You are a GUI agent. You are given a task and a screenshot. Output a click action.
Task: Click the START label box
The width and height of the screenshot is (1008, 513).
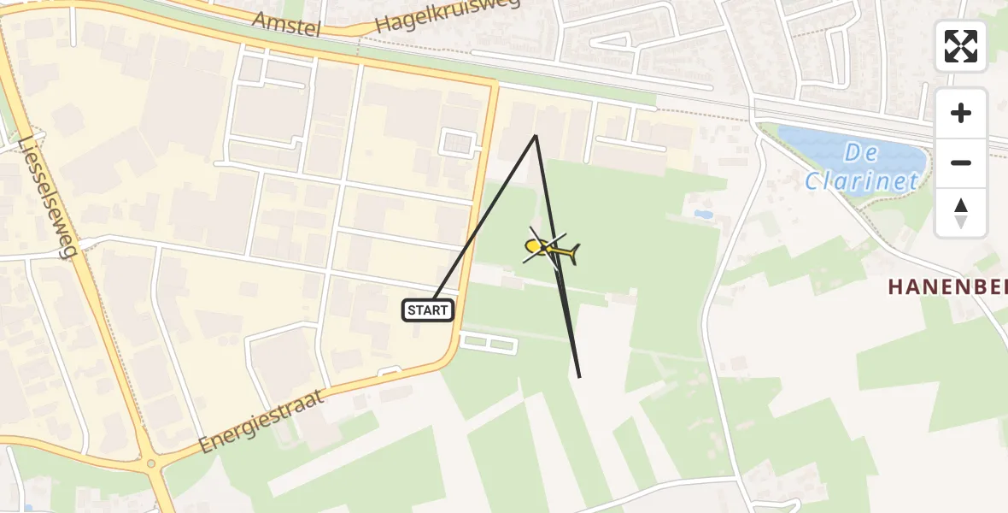click(x=428, y=310)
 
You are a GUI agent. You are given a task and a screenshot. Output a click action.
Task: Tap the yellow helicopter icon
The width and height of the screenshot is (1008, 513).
click(x=550, y=250)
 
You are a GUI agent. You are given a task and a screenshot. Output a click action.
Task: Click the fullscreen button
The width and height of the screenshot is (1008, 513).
click(x=961, y=46)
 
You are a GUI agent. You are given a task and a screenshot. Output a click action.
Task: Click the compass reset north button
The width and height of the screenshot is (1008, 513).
click(x=961, y=213)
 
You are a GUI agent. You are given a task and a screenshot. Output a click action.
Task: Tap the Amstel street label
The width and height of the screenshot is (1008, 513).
click(x=287, y=25)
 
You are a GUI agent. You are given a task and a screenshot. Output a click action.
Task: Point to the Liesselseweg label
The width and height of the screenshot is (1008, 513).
click(x=48, y=197)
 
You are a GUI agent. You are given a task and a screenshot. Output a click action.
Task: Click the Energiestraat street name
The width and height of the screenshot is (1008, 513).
click(x=261, y=421)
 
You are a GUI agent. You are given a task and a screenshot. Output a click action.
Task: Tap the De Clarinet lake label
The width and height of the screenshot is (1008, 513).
click(x=863, y=168)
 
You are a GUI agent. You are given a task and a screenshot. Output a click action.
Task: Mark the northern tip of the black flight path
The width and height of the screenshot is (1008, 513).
click(x=536, y=135)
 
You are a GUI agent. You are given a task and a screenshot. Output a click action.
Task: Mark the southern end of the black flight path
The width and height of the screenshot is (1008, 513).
click(x=579, y=377)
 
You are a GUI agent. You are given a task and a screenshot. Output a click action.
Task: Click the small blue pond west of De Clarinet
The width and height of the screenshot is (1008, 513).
click(x=703, y=215)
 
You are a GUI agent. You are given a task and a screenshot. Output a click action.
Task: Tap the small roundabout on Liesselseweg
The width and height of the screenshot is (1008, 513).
click(x=151, y=463)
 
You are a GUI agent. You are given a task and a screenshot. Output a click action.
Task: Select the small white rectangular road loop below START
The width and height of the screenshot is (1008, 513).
click(x=489, y=343)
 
